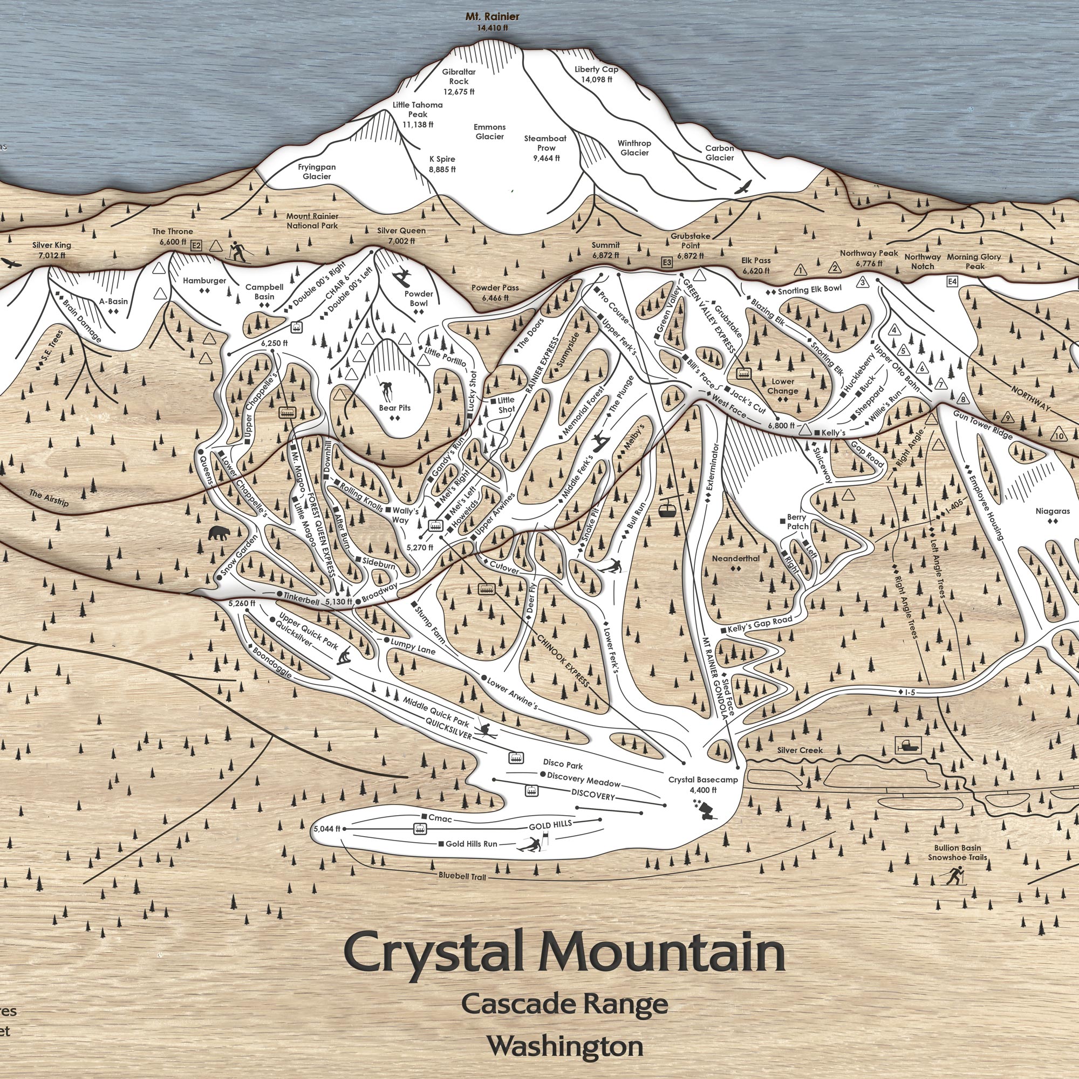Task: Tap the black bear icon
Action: (x=218, y=534)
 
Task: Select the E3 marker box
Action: (x=666, y=262)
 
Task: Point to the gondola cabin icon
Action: (x=665, y=509)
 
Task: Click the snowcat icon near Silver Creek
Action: (x=907, y=744)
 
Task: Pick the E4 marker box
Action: (x=952, y=282)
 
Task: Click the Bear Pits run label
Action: (x=394, y=408)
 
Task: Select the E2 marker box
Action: (x=195, y=245)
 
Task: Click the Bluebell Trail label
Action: (x=462, y=876)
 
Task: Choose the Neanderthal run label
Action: (x=735, y=558)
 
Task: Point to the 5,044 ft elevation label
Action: (x=327, y=828)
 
